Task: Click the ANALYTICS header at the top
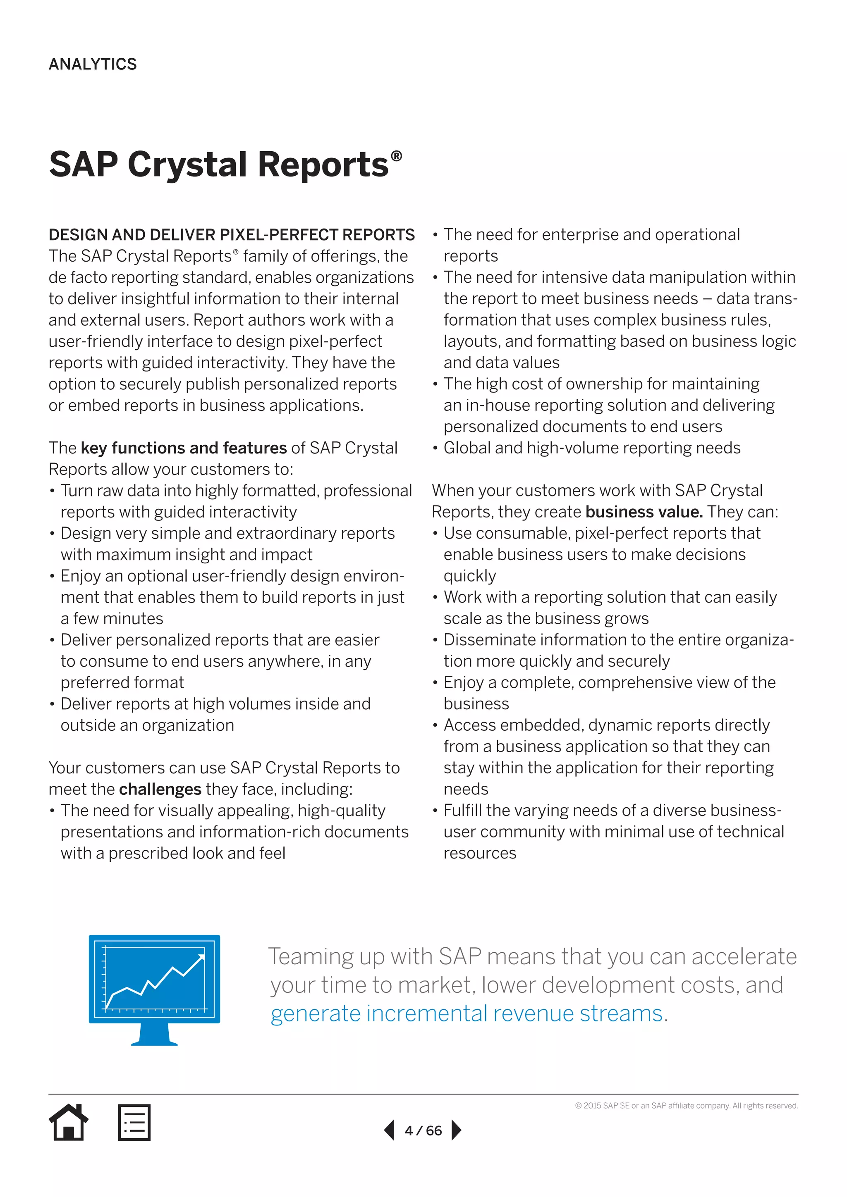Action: click(92, 64)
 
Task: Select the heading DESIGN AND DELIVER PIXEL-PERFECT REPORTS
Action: click(232, 235)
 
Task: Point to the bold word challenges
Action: click(160, 789)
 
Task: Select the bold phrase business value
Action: click(644, 512)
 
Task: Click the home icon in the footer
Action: click(68, 1123)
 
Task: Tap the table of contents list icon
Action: click(134, 1123)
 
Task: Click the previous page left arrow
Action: click(389, 1130)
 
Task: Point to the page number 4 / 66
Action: click(423, 1131)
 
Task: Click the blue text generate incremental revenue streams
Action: click(467, 1013)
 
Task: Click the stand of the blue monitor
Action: click(154, 1034)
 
